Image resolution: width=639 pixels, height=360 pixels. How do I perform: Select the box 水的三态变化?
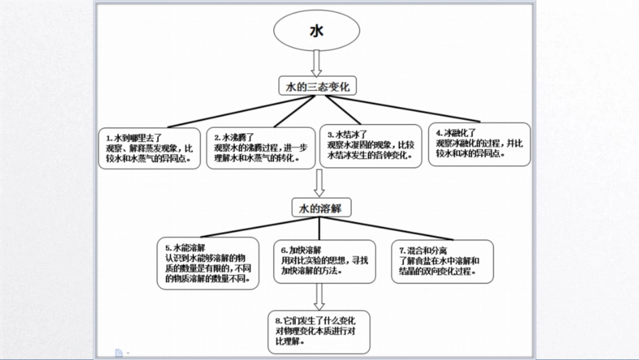coord(317,87)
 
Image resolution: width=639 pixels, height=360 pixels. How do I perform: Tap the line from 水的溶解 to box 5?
coord(249,227)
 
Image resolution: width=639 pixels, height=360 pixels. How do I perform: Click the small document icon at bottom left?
coord(118,353)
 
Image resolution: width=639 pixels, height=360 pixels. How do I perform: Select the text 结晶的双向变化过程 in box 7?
coord(438,271)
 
